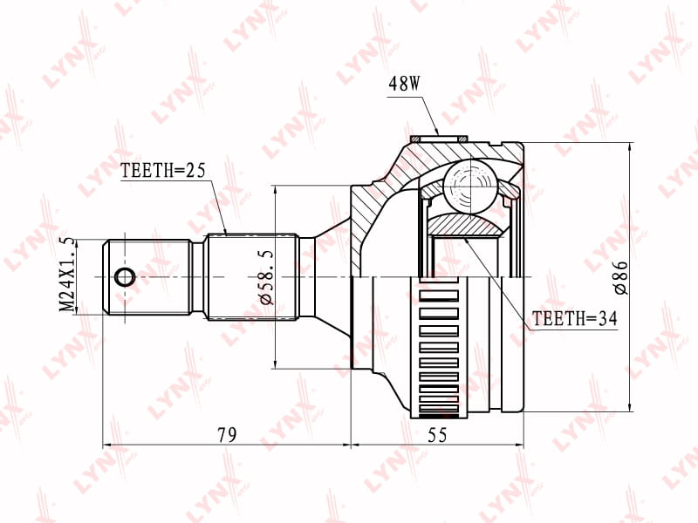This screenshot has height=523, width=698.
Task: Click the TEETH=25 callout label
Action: point(162,170)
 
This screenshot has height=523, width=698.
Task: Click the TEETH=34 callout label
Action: point(575,318)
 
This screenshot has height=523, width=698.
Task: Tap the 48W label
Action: point(404,84)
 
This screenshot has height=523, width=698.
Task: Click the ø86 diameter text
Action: point(620,278)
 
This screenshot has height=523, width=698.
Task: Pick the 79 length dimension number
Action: point(228,434)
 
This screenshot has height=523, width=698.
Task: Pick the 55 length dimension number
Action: point(437,434)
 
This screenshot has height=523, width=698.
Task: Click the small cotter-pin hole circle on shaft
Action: point(125,277)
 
